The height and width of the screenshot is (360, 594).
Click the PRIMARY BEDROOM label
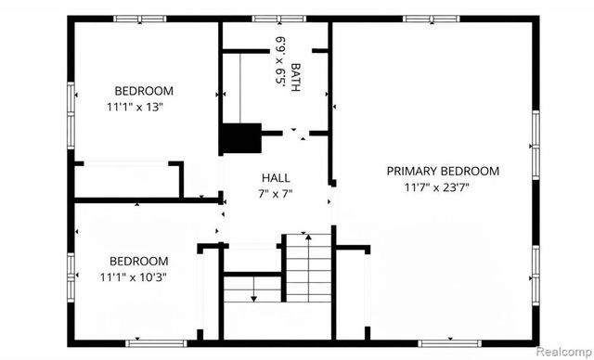[x=443, y=171]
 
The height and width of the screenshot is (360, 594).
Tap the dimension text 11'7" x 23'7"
[x=443, y=186]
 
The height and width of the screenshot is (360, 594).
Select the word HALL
[x=276, y=177]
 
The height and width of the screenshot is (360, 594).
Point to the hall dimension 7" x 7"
[x=276, y=193]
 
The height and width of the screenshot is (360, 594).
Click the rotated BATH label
[x=295, y=73]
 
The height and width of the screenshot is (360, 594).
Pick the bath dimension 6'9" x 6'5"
[x=278, y=61]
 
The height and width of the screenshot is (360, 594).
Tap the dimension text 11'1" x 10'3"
[x=139, y=276]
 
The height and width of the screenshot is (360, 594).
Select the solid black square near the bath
[x=238, y=139]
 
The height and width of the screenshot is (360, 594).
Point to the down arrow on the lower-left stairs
[x=252, y=296]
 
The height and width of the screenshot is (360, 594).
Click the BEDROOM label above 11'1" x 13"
[x=144, y=91]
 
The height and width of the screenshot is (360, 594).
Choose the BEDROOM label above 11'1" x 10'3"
[x=139, y=261]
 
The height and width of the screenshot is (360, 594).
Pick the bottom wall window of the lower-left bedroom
[x=150, y=342]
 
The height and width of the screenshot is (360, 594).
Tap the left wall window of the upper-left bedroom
[x=71, y=106]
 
